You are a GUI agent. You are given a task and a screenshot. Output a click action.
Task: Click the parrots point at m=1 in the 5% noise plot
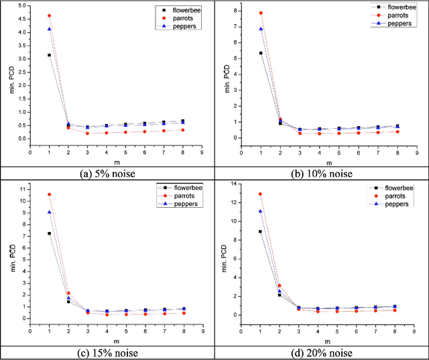click(49, 15)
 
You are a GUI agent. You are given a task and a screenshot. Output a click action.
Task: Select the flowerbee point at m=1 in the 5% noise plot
click(49, 55)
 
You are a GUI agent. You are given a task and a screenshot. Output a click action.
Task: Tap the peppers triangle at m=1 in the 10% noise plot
click(261, 29)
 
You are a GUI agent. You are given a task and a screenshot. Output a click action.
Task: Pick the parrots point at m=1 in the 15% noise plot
click(49, 194)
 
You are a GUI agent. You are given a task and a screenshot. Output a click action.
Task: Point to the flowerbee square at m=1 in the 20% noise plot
click(261, 231)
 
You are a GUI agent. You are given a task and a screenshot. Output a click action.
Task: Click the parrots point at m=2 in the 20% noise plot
click(280, 286)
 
